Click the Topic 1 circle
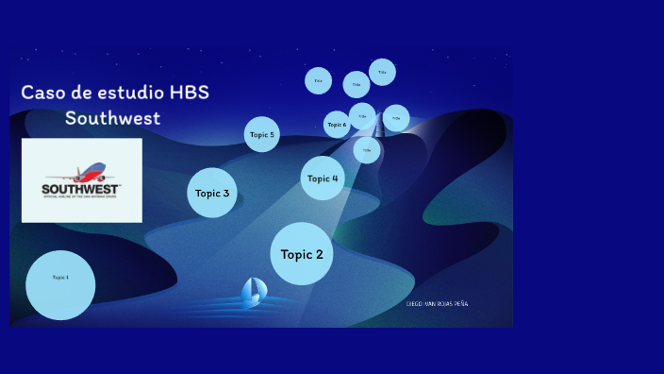[x=60, y=284]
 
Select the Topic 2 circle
[x=302, y=254]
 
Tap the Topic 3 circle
[x=212, y=193]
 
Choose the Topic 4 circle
[x=323, y=178]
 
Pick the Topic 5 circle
[x=262, y=134]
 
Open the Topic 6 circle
[x=336, y=125]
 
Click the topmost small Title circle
[x=382, y=72]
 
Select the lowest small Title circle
[x=367, y=150]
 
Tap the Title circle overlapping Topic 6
[x=362, y=116]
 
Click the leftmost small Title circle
[x=318, y=80]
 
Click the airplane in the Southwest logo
[x=85, y=172]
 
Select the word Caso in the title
[x=41, y=93]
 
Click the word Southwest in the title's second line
[x=113, y=119]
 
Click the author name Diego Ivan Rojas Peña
[x=437, y=303]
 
